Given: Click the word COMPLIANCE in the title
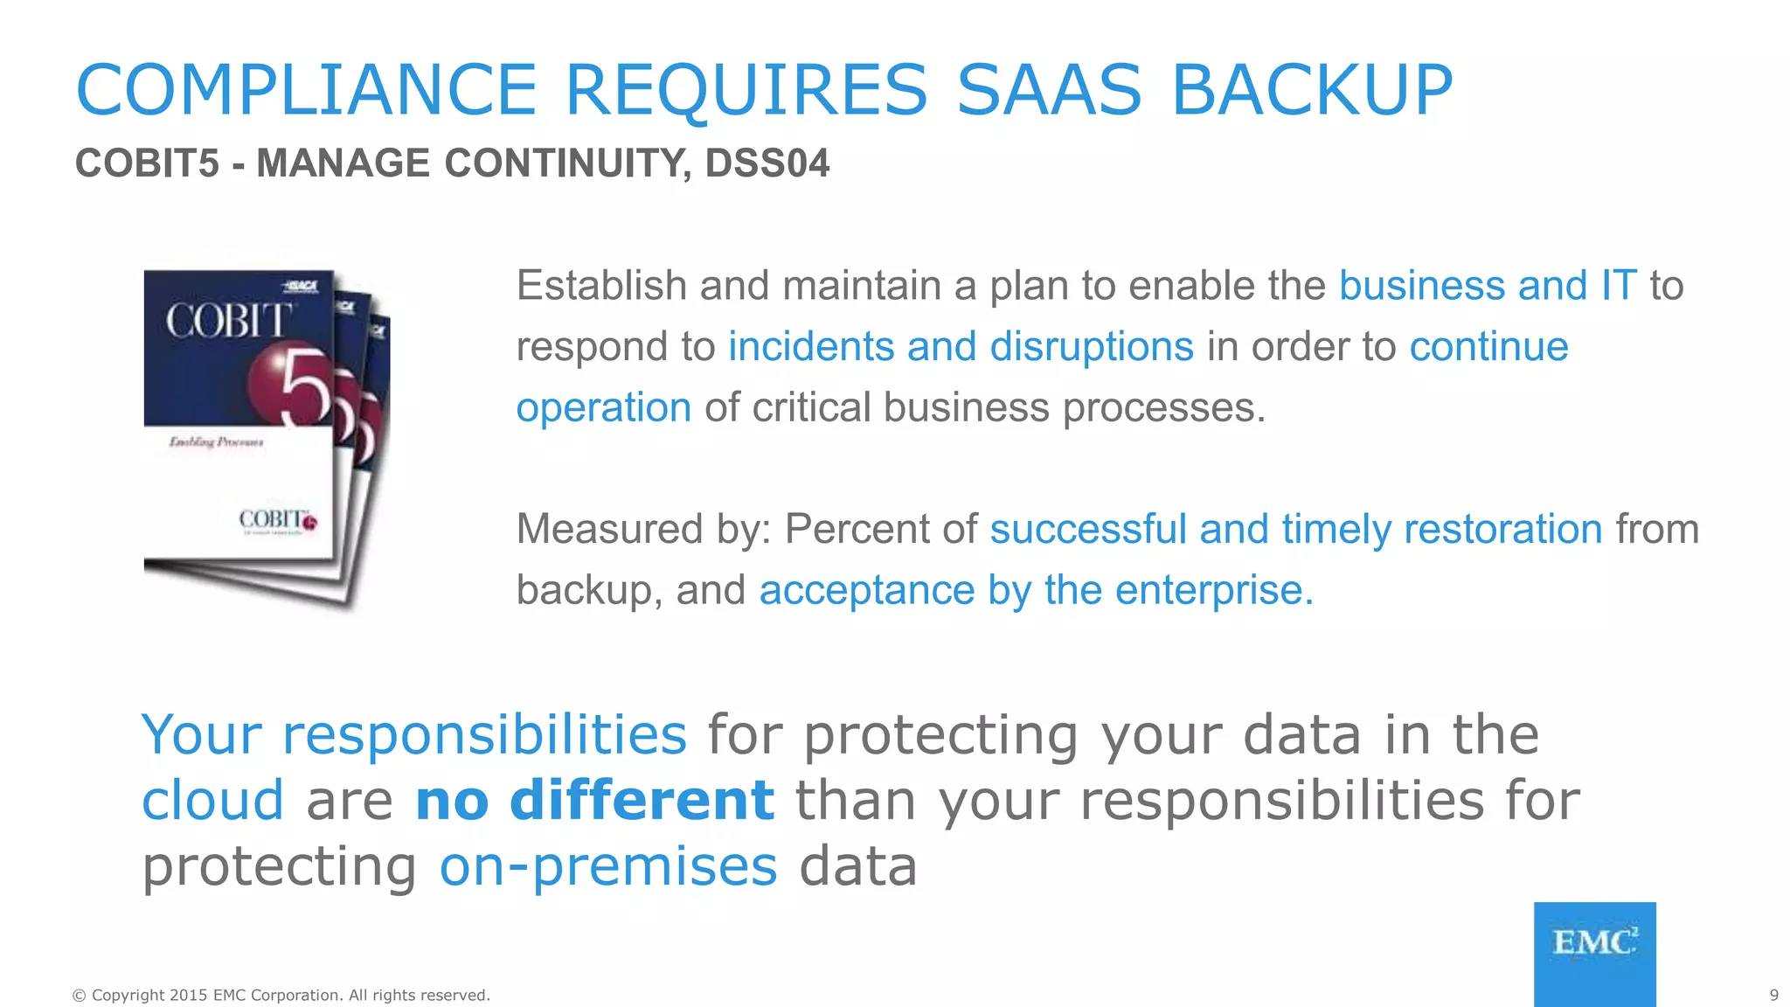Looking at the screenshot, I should pos(306,90).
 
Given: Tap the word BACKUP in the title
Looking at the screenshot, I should pos(1311,90).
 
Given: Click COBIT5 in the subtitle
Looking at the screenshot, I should pos(147,163).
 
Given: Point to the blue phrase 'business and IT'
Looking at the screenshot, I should pos(1488,286).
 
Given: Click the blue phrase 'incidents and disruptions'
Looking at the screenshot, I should pos(961,347).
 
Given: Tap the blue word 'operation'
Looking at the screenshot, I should pos(603,408).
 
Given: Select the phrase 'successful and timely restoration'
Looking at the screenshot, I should pos(1295,530).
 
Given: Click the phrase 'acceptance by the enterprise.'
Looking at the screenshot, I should pos(1036,591).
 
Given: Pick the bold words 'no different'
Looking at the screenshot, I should pos(594,800).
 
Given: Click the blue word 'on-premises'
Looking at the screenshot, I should pos(607,866).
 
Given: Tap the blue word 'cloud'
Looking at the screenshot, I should pos(212,800).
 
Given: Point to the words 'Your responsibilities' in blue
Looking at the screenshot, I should pos(413,734).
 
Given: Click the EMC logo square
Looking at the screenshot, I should pos(1594,953).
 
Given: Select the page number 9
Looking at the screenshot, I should pos(1773,995).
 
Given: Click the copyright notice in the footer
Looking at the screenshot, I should pos(281,995).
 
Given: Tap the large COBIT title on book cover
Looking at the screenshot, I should pos(229,322).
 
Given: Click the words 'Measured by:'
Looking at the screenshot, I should pos(643,530).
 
